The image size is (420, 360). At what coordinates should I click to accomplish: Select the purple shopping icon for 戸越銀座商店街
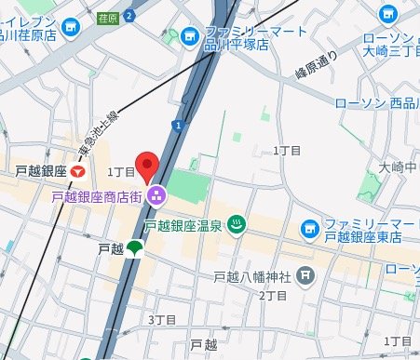[155, 195]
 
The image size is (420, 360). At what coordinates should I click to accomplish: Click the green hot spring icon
[237, 224]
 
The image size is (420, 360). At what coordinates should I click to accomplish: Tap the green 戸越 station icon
[135, 248]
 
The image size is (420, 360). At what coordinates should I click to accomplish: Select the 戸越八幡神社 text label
[253, 276]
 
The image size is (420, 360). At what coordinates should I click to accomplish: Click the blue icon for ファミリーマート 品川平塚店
[190, 36]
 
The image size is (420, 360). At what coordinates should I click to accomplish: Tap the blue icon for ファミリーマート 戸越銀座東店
[308, 227]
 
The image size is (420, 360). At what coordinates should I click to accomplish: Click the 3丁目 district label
[162, 319]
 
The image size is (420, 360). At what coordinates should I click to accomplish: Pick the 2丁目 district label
[271, 295]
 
